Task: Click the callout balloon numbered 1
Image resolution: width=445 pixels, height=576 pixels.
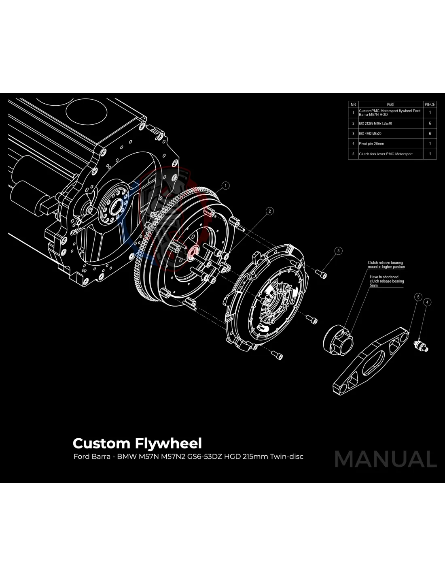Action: tap(226, 186)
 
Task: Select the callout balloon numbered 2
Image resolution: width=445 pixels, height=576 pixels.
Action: tap(270, 211)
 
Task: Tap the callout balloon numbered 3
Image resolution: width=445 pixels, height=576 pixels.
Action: tap(339, 251)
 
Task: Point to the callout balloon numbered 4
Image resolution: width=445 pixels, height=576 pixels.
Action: tap(427, 302)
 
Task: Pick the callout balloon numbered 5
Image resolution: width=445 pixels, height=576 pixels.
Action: tap(418, 297)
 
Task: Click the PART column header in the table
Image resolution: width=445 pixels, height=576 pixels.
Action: tap(390, 105)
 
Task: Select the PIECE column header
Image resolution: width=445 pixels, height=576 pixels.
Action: tap(430, 105)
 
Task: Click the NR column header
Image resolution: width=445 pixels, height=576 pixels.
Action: tap(353, 105)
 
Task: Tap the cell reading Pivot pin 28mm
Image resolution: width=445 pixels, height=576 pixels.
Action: tap(371, 144)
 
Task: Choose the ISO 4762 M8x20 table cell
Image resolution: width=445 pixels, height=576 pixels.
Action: tap(370, 134)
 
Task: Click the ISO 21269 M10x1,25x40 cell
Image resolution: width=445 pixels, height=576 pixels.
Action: tap(375, 124)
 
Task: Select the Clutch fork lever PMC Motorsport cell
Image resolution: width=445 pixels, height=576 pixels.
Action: tap(386, 154)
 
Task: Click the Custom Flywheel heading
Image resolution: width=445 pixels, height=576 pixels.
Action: tap(137, 443)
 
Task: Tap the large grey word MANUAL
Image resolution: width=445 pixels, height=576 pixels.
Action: tap(386, 459)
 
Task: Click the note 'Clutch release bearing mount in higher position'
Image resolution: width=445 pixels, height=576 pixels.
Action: tap(386, 265)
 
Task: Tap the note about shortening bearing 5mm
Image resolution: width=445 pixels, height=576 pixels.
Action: tap(386, 281)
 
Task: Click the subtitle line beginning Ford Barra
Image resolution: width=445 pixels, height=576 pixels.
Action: tap(188, 457)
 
